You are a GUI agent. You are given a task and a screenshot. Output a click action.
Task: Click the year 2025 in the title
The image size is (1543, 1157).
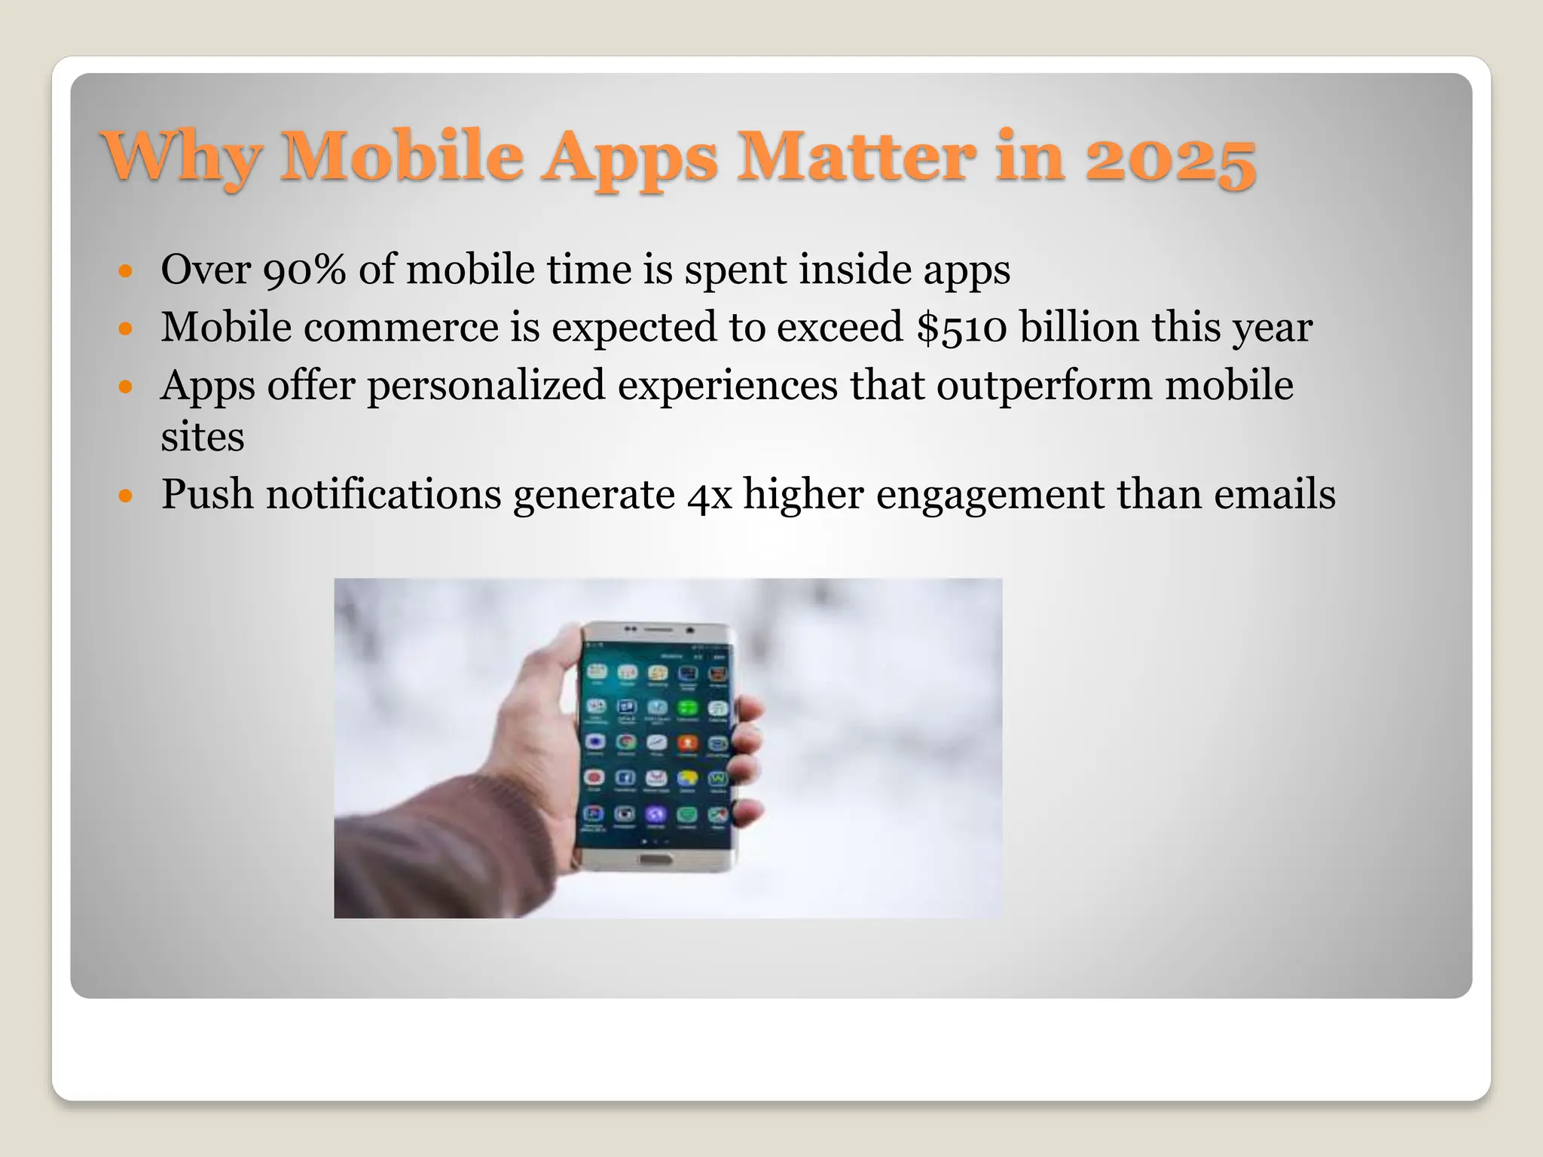click(1170, 158)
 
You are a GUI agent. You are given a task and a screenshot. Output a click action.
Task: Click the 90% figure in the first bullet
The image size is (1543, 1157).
click(304, 270)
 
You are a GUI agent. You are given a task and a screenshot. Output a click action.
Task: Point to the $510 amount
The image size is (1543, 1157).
click(962, 328)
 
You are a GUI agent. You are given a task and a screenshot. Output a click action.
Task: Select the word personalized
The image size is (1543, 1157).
click(486, 386)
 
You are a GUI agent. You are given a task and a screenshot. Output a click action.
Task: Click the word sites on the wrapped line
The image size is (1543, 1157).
click(202, 437)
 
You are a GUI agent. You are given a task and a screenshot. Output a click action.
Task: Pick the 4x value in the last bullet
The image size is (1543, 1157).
click(709, 496)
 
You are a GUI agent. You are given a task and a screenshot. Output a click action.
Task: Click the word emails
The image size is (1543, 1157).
click(1274, 495)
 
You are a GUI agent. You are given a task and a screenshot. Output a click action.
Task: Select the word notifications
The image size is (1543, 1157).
click(383, 495)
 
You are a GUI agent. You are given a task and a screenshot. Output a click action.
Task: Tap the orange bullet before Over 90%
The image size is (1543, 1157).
click(126, 270)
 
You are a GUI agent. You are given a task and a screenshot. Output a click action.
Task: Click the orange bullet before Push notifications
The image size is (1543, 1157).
click(126, 496)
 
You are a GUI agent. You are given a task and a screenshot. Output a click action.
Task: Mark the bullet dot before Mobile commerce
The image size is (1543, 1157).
click(126, 328)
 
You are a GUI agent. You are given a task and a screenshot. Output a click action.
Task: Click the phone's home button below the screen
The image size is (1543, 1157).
click(652, 860)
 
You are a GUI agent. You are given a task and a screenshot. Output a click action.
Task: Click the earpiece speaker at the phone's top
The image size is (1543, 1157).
click(658, 629)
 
